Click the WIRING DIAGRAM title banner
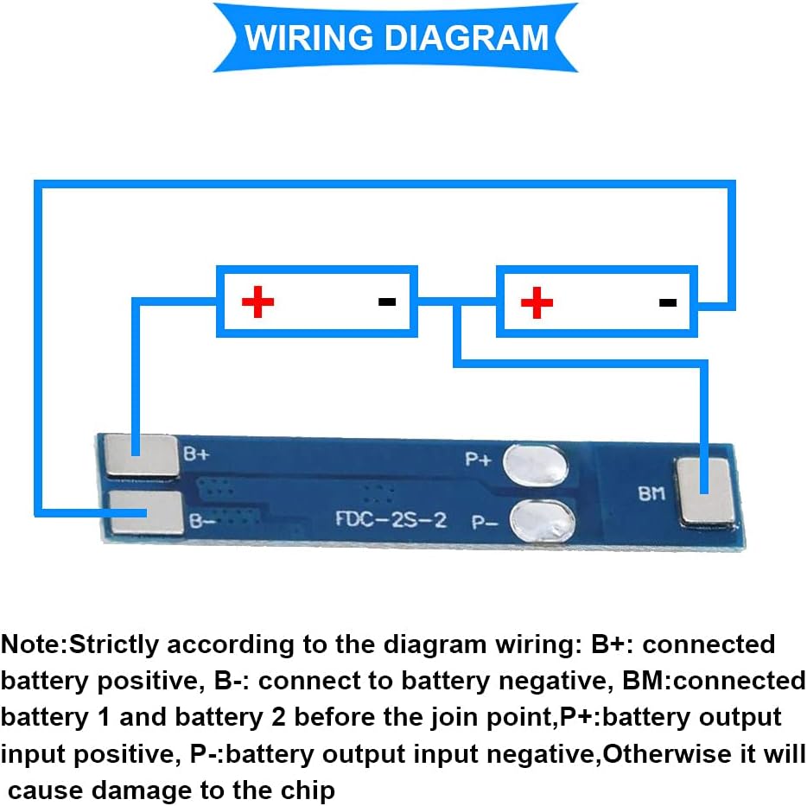(x=397, y=38)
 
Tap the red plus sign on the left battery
(x=257, y=301)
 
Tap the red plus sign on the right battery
(x=537, y=301)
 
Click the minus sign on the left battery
(x=387, y=301)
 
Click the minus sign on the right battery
(x=667, y=301)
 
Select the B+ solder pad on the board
(x=140, y=454)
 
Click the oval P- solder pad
(x=541, y=521)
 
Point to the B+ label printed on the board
(x=196, y=452)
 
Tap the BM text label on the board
(x=651, y=494)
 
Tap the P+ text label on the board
(x=478, y=460)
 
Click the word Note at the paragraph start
(x=33, y=644)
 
